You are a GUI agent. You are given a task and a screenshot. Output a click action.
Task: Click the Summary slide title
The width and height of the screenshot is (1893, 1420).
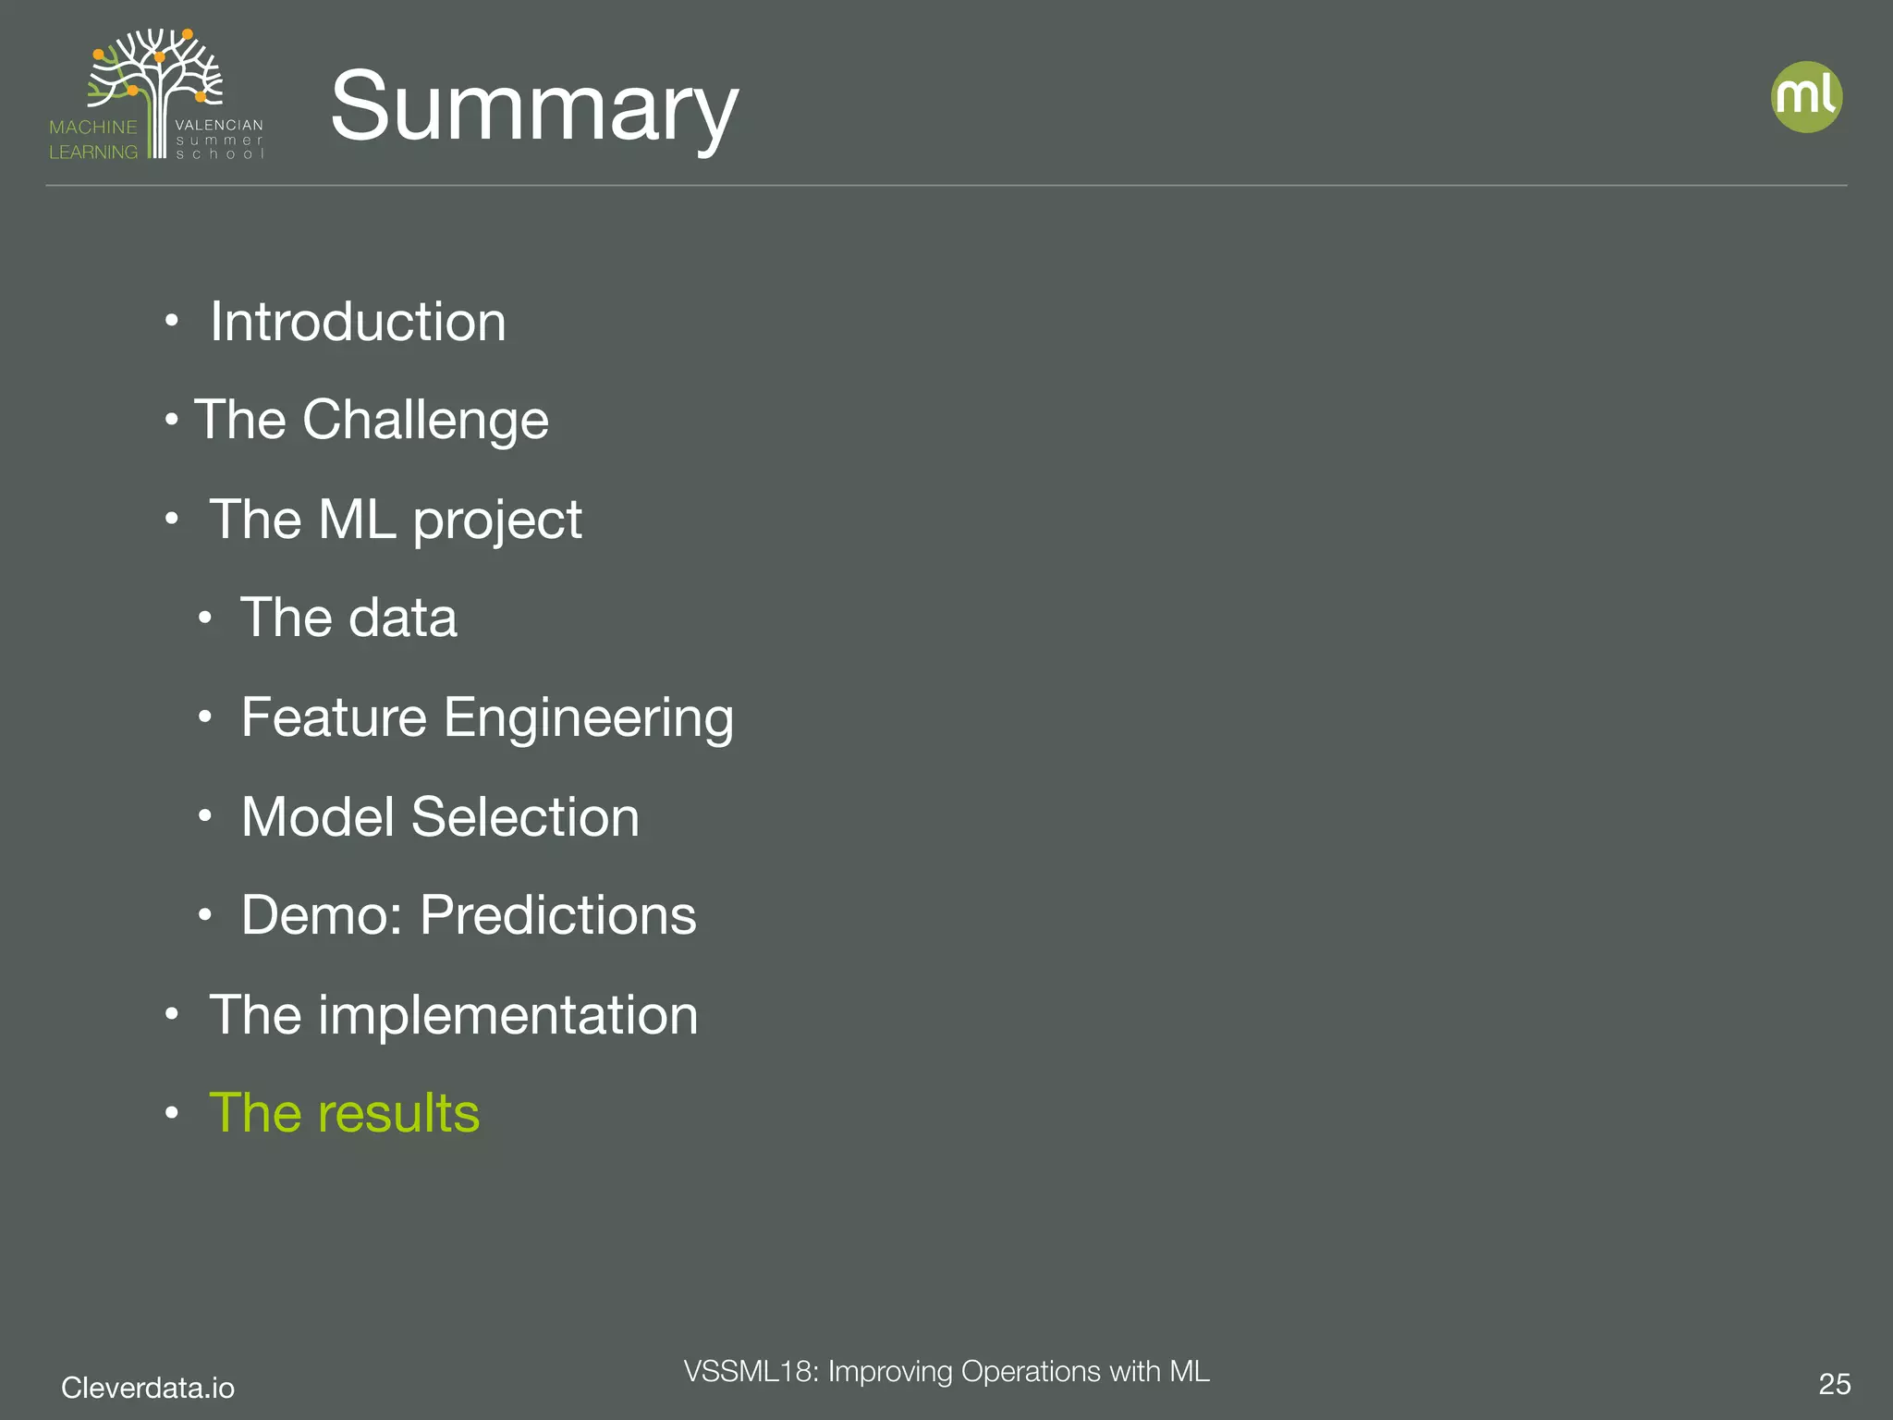pyautogui.click(x=533, y=106)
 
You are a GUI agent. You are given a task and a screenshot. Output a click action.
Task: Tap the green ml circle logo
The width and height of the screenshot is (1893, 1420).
pyautogui.click(x=1806, y=97)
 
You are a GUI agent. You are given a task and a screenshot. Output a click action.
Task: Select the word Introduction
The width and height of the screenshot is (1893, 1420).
pyautogui.click(x=358, y=322)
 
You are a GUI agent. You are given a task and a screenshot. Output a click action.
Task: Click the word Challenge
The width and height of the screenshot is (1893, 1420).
pyautogui.click(x=425, y=420)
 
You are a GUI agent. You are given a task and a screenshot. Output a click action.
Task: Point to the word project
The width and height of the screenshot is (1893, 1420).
pyautogui.click(x=497, y=520)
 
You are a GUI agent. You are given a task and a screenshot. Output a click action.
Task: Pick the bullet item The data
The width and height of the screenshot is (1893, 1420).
pyautogui.click(x=348, y=618)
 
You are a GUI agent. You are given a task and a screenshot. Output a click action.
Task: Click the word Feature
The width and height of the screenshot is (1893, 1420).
pyautogui.click(x=334, y=717)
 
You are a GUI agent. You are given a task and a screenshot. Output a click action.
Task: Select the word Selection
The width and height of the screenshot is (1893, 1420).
pyautogui.click(x=525, y=817)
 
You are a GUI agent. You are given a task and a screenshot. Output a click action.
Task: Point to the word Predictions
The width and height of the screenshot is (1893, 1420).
pyautogui.click(x=558, y=915)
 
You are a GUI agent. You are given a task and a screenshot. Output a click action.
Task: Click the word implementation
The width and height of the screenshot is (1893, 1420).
pyautogui.click(x=508, y=1015)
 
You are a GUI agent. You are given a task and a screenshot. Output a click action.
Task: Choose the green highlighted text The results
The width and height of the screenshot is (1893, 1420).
pyautogui.click(x=344, y=1113)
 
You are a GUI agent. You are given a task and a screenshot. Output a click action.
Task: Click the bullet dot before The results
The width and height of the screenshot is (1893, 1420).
pyautogui.click(x=171, y=1113)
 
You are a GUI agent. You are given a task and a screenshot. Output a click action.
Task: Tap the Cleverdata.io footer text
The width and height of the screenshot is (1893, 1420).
pyautogui.click(x=148, y=1387)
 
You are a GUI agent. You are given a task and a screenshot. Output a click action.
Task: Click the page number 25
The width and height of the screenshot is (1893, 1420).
pyautogui.click(x=1834, y=1384)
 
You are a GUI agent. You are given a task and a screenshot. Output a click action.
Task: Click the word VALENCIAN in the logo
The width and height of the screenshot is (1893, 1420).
pyautogui.click(x=219, y=125)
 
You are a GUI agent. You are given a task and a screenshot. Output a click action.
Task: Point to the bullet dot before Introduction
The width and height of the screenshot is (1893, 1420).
pyautogui.click(x=171, y=322)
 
